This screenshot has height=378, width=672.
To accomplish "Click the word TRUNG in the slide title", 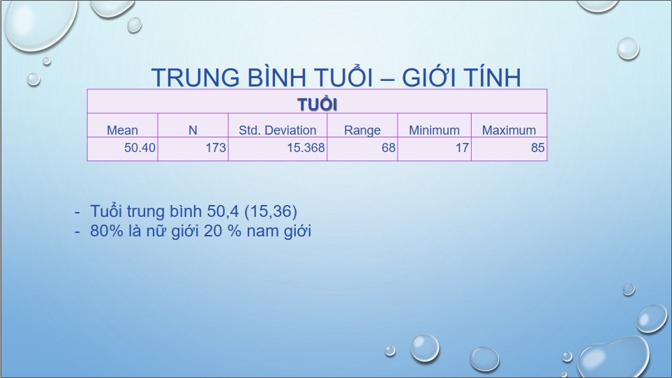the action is pyautogui.click(x=195, y=77).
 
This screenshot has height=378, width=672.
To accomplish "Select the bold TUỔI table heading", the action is pyautogui.click(x=317, y=104).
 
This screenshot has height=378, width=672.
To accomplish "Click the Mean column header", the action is pyautogui.click(x=122, y=130).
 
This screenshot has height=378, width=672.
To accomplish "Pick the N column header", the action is pyautogui.click(x=193, y=130).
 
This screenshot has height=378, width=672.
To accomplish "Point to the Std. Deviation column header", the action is pyautogui.click(x=277, y=130).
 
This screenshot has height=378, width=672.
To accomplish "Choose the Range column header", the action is pyautogui.click(x=362, y=130).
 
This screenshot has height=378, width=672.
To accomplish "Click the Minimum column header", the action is pyautogui.click(x=434, y=130).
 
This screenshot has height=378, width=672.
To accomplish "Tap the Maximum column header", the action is pyautogui.click(x=509, y=130).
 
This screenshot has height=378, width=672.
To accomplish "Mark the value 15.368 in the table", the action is pyautogui.click(x=306, y=148).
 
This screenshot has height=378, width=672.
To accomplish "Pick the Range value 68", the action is pyautogui.click(x=388, y=148).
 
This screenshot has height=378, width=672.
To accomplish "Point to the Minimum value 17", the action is pyautogui.click(x=462, y=148).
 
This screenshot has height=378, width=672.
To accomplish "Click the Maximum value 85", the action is pyautogui.click(x=538, y=148).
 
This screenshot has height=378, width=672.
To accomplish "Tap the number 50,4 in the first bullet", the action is pyautogui.click(x=223, y=211).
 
